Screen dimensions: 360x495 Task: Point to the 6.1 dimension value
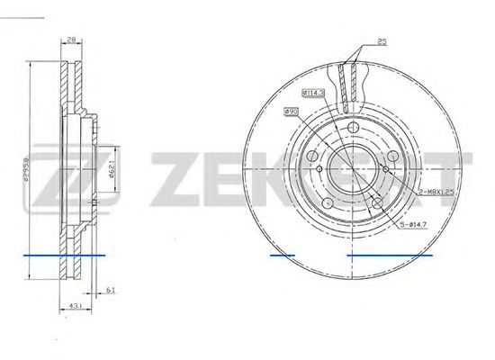(109, 289)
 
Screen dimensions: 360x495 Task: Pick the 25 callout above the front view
(382, 41)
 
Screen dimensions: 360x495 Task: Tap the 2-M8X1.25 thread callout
(434, 193)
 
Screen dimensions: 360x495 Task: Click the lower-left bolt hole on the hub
(328, 199)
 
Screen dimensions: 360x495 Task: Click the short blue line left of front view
(282, 256)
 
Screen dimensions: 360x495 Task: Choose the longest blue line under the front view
(390, 256)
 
